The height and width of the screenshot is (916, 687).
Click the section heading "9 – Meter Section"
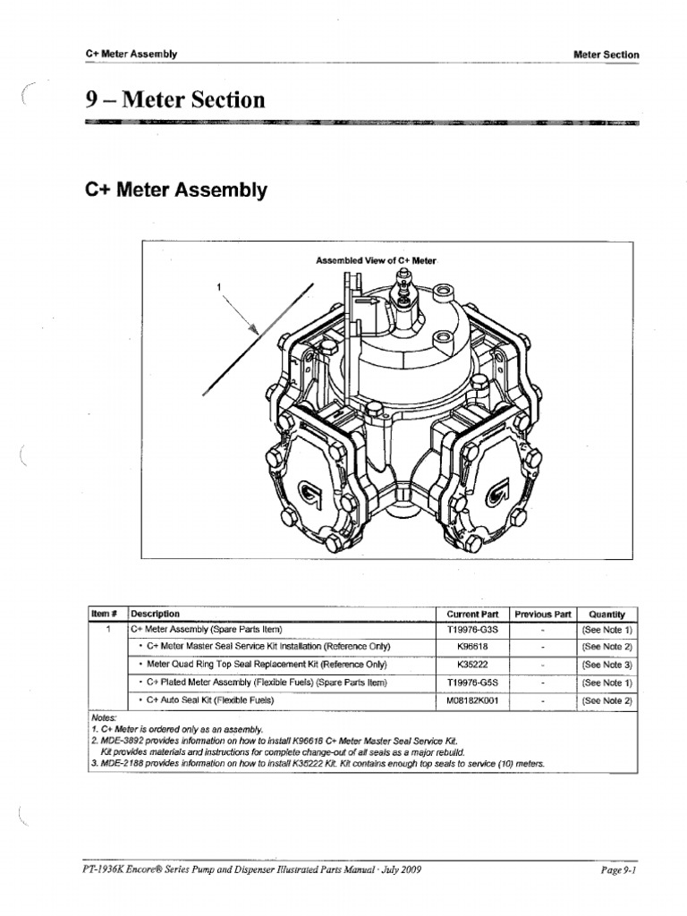pyautogui.click(x=175, y=99)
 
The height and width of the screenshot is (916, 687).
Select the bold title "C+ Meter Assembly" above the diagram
pyautogui.click(x=175, y=190)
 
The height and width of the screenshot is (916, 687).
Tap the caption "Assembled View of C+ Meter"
pyautogui.click(x=376, y=260)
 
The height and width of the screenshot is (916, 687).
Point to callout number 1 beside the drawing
pyautogui.click(x=217, y=287)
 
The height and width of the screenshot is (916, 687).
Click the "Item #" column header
pyautogui.click(x=106, y=614)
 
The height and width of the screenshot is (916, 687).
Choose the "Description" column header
pyautogui.click(x=156, y=614)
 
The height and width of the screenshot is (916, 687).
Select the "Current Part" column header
pyautogui.click(x=472, y=614)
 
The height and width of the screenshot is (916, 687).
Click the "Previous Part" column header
pyautogui.click(x=542, y=614)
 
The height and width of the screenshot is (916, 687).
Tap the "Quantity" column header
pyautogui.click(x=606, y=614)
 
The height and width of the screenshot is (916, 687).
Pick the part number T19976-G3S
pyautogui.click(x=472, y=630)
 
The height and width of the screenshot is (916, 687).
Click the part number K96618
pyautogui.click(x=472, y=647)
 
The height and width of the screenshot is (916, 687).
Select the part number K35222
pyautogui.click(x=472, y=665)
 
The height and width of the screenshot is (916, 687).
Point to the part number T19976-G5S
pyautogui.click(x=472, y=683)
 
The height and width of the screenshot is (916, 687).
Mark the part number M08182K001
pyautogui.click(x=472, y=700)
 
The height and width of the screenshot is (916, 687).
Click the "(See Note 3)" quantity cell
pyautogui.click(x=606, y=665)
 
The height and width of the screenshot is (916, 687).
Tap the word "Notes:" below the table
pyautogui.click(x=104, y=717)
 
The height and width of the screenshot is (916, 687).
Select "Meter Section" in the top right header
pyautogui.click(x=606, y=55)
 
